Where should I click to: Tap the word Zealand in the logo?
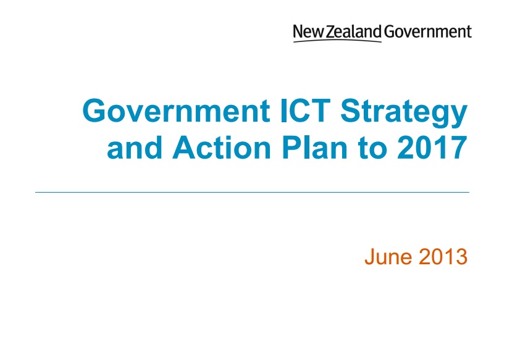(x=354, y=31)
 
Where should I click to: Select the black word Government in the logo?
(x=428, y=31)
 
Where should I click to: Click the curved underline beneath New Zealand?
(x=337, y=40)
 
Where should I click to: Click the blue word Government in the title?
(x=176, y=111)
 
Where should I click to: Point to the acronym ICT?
(x=306, y=111)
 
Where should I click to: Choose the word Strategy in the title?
(x=404, y=112)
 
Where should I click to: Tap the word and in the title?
(x=134, y=148)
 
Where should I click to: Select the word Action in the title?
(x=222, y=148)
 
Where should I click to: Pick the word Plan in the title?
(x=315, y=148)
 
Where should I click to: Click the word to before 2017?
(x=372, y=149)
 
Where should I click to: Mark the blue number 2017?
(x=432, y=148)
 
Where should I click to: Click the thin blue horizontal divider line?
(x=252, y=193)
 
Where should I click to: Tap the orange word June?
(x=388, y=257)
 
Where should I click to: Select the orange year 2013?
(x=443, y=257)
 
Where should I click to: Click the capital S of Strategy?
(x=351, y=111)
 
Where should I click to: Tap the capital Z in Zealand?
(x=330, y=31)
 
